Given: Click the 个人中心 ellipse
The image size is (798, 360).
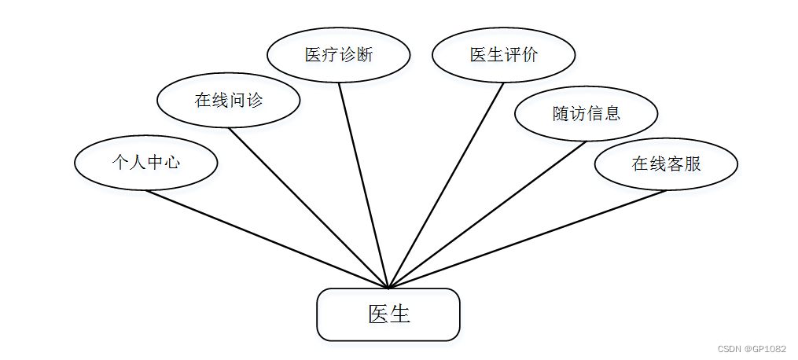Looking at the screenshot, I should tap(145, 163).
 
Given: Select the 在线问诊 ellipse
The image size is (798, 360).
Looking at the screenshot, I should tap(229, 100).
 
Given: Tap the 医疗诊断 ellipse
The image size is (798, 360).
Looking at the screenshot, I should tap(339, 55).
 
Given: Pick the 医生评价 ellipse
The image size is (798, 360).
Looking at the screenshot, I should tap(504, 55).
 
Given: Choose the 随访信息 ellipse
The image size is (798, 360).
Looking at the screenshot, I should tap(587, 114).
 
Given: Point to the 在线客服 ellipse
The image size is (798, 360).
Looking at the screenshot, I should tap(666, 163).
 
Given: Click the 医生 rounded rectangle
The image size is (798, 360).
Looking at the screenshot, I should tap(388, 314).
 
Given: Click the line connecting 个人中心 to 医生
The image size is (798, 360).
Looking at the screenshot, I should tap(267, 239).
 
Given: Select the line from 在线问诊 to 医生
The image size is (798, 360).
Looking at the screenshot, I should tap(309, 208).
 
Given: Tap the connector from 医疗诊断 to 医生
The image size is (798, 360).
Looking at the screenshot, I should tap(363, 185).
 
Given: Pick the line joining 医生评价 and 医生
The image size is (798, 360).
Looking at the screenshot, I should tap(447, 185).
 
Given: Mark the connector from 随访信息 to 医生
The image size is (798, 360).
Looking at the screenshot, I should tap(487, 215).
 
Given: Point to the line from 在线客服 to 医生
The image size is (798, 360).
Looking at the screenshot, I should tap(528, 239).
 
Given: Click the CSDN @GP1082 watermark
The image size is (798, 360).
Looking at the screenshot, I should tap(752, 348).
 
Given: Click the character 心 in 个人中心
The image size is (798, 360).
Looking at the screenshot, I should tap(172, 163).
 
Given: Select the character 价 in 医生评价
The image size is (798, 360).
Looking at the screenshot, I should tap(531, 55).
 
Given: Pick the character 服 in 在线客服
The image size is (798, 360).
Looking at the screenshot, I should tap(693, 163).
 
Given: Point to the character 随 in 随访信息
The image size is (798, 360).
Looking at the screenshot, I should tap(561, 114).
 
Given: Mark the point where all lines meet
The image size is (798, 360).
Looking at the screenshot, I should tap(388, 288).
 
